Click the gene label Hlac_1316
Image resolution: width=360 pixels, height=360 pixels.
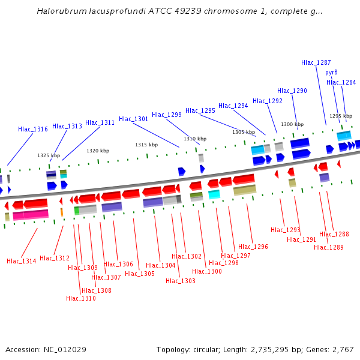click(x=33, y=129)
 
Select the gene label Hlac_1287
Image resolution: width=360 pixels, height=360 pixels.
click(x=316, y=62)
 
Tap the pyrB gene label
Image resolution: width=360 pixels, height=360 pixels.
click(x=331, y=72)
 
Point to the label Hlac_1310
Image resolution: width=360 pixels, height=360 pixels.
click(x=81, y=298)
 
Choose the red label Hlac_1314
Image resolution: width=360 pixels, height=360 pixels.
click(x=22, y=261)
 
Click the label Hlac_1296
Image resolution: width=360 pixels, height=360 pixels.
click(x=253, y=247)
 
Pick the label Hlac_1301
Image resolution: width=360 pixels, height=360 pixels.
click(x=134, y=119)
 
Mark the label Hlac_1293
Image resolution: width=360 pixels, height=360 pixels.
click(x=286, y=230)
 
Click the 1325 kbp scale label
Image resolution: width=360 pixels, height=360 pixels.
click(x=49, y=155)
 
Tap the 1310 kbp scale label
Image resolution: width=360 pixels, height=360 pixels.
click(x=195, y=139)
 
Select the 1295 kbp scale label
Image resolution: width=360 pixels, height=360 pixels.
click(x=340, y=116)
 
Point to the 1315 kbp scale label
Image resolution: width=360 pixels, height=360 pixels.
click(x=146, y=145)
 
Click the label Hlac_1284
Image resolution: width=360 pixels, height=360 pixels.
click(x=341, y=82)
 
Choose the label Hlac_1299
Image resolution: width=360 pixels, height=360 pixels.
click(x=167, y=115)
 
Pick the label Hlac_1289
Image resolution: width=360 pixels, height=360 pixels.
click(x=329, y=247)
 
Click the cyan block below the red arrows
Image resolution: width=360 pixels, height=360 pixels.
click(x=214, y=194)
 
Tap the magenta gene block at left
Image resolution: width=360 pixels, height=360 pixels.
click(x=31, y=214)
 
